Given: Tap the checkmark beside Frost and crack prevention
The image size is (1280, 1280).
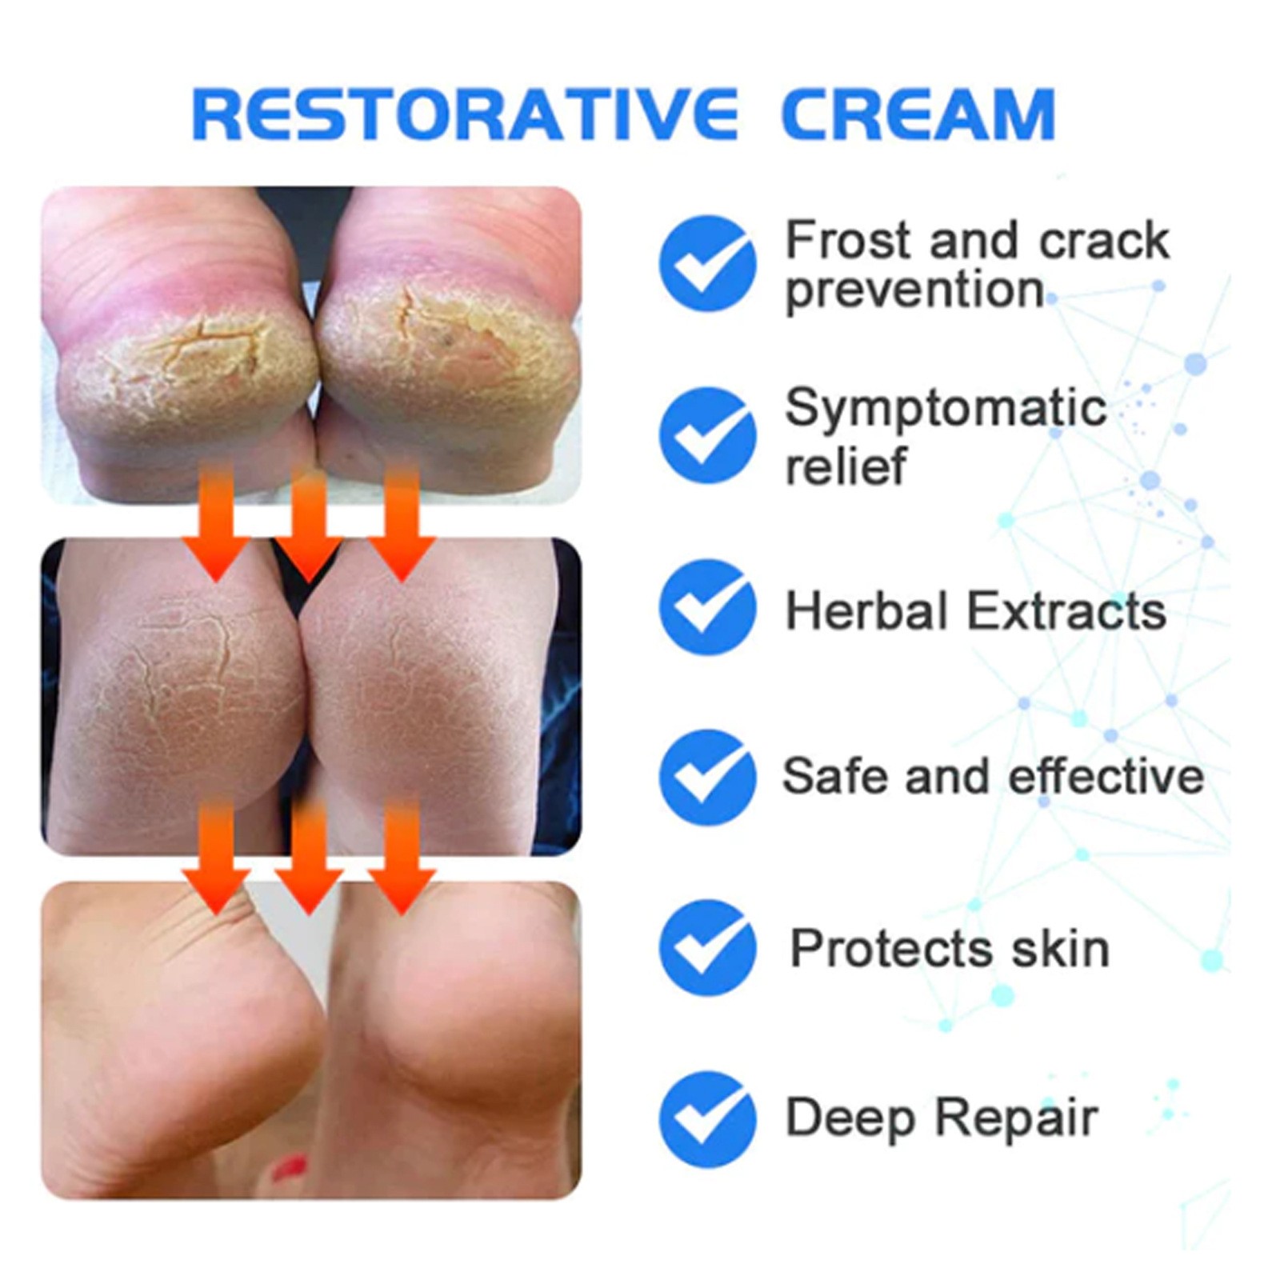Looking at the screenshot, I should pos(707,263).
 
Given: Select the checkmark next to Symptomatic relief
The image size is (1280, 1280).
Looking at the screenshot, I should pos(707,435).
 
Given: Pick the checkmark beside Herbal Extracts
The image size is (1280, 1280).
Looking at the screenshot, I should pos(707,607).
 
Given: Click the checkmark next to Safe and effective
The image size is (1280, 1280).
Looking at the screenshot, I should pos(707,777).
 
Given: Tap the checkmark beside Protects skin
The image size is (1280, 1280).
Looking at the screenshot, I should pos(707,947).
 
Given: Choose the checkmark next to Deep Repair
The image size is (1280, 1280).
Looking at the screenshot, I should pos(707,1119).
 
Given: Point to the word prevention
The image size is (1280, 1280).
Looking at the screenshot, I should pos(914,290).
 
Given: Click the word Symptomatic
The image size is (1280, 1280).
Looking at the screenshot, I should pos(945,408).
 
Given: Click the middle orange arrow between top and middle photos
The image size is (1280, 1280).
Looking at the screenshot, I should pos(309,524).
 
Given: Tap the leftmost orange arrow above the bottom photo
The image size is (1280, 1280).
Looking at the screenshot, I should pos(217,860).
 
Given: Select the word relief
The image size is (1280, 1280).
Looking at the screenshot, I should pos(846,465).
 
